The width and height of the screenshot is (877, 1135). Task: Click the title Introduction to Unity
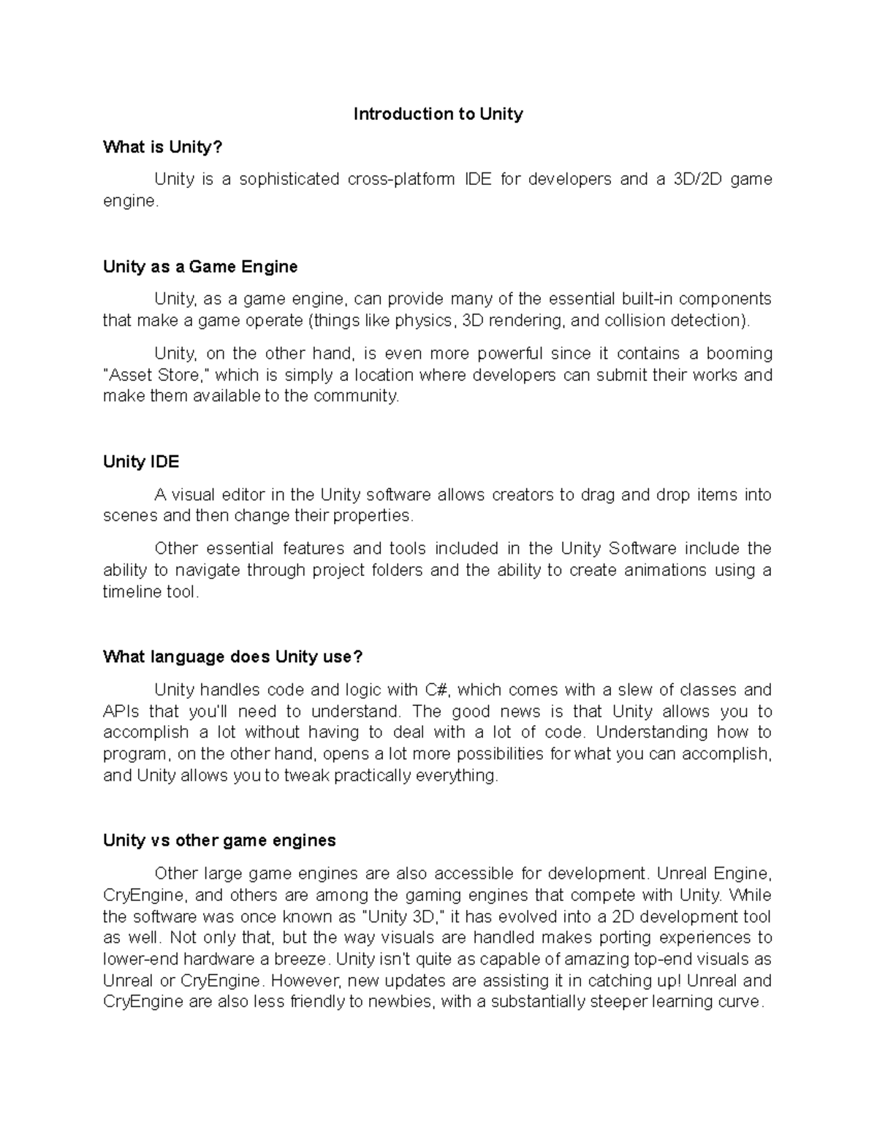coord(438,114)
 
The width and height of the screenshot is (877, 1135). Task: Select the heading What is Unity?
coord(162,147)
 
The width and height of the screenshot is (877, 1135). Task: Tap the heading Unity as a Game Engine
coord(200,267)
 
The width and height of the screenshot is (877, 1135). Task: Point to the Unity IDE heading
coord(141,462)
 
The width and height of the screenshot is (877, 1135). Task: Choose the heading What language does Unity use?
coord(232,657)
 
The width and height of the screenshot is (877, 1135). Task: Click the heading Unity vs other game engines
coord(219,840)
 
